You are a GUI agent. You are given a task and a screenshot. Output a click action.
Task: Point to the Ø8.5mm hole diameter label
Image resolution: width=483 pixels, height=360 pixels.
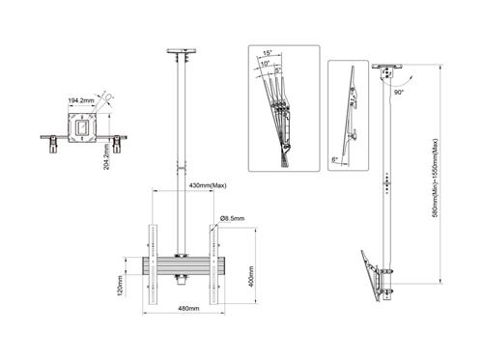(234, 219)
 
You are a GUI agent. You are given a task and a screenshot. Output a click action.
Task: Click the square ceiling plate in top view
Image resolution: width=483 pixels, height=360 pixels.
(82, 126)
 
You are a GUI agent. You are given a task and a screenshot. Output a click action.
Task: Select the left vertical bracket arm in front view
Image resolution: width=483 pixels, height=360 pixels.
(151, 255)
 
